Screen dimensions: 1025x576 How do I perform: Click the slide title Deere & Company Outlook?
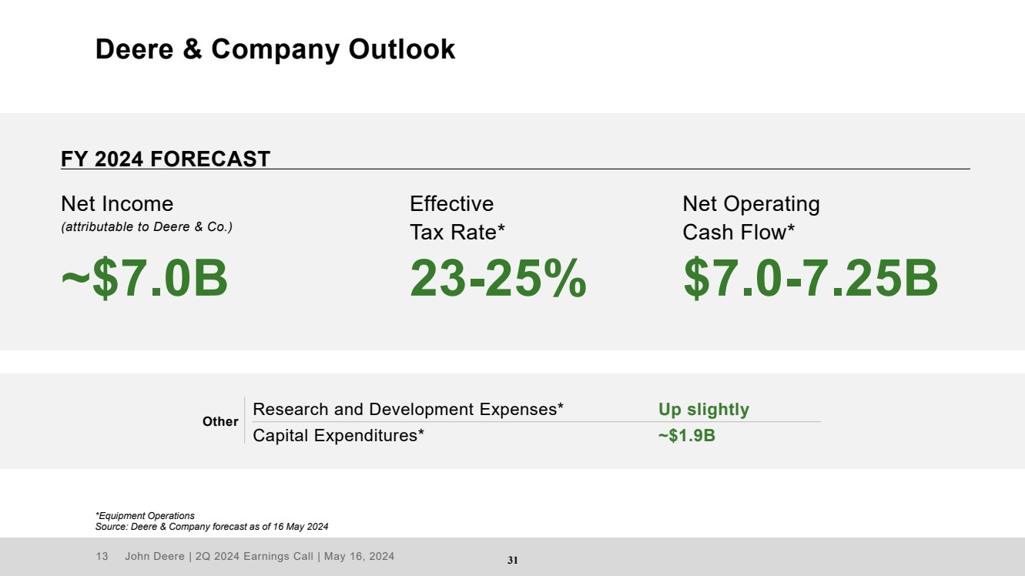click(275, 49)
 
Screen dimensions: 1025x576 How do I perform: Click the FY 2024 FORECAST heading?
click(166, 159)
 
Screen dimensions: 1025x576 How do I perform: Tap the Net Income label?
click(117, 203)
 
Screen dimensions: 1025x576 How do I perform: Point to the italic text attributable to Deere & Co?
click(147, 227)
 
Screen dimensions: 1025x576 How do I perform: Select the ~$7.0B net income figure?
click(144, 278)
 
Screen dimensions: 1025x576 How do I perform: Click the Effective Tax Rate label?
click(457, 218)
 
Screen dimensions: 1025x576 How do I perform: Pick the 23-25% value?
click(497, 278)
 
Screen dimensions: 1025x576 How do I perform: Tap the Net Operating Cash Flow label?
click(751, 218)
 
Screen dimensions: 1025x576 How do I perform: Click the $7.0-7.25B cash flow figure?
click(810, 278)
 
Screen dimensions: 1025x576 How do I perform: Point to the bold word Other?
click(220, 421)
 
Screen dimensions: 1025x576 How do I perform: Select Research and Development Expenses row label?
click(408, 409)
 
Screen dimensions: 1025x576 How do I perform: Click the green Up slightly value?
click(704, 410)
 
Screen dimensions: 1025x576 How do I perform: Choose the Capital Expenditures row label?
click(339, 436)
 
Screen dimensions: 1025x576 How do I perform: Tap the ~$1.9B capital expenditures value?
click(686, 436)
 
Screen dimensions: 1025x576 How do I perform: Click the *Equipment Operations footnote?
click(145, 516)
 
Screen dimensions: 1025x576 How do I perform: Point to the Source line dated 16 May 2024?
click(212, 527)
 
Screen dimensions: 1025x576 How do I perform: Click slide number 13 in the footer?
click(102, 556)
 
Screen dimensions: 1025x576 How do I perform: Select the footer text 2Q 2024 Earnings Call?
click(254, 556)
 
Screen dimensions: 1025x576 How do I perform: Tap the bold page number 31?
click(513, 560)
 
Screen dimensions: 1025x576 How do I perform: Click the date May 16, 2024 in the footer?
click(359, 556)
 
